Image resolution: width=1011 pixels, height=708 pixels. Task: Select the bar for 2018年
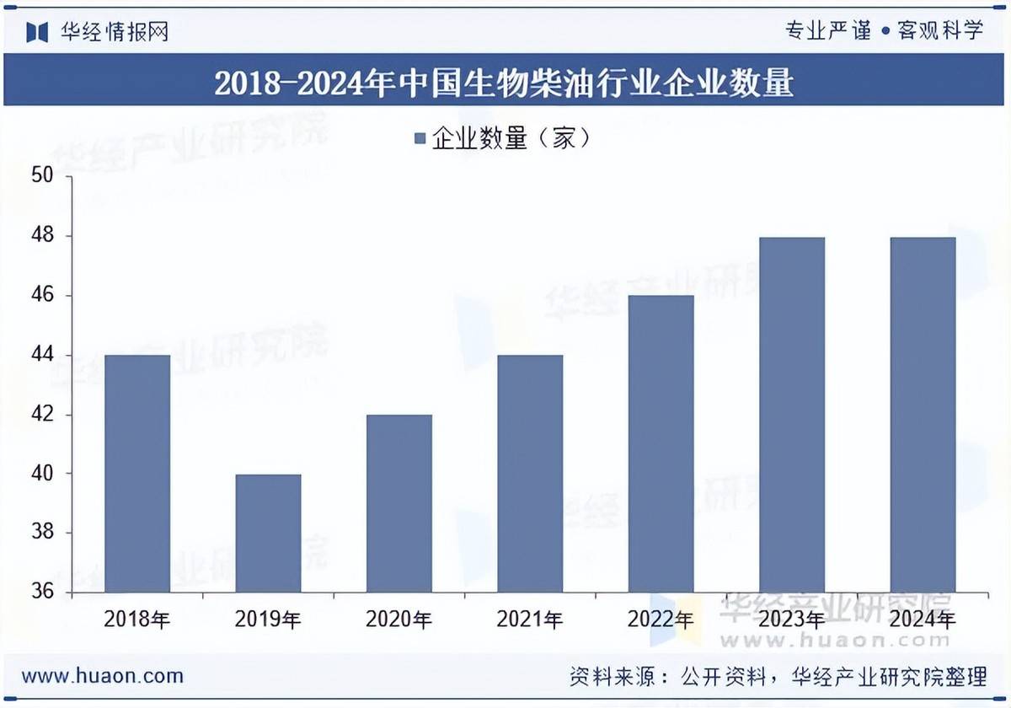(137, 474)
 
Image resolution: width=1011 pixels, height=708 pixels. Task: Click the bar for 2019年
(268, 534)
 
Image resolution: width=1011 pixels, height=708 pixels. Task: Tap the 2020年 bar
(399, 503)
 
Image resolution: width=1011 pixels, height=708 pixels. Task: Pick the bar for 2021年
(530, 474)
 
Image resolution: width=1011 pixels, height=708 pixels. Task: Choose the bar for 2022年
(661, 444)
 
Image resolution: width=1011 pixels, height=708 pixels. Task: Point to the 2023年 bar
(792, 415)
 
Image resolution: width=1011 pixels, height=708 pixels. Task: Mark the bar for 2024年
(923, 415)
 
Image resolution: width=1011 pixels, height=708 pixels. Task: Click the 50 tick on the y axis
(43, 176)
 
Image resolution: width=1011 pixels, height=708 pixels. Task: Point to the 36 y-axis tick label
(43, 593)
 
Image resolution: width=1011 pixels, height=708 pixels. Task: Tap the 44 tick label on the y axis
(43, 355)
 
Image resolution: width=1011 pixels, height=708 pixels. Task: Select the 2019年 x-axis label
(268, 621)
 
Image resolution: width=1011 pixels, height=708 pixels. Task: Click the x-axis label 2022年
(661, 621)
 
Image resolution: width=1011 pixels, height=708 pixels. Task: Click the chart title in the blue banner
(504, 83)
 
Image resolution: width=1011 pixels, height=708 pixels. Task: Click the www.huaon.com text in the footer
(102, 676)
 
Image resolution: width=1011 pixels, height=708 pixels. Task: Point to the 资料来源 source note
(778, 676)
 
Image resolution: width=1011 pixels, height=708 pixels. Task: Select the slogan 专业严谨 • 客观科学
(885, 31)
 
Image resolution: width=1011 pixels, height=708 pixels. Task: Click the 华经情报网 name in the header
(115, 32)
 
